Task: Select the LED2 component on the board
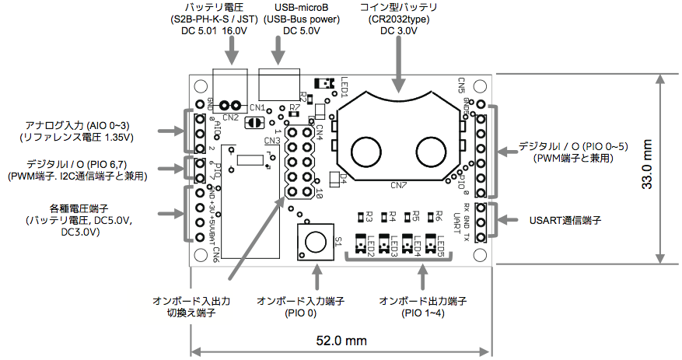point(361,245)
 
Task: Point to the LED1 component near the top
point(320,82)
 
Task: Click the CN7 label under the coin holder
point(398,185)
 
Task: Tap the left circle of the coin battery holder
point(365,149)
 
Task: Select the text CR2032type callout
point(398,19)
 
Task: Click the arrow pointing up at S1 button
point(316,276)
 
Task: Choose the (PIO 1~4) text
point(421,313)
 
